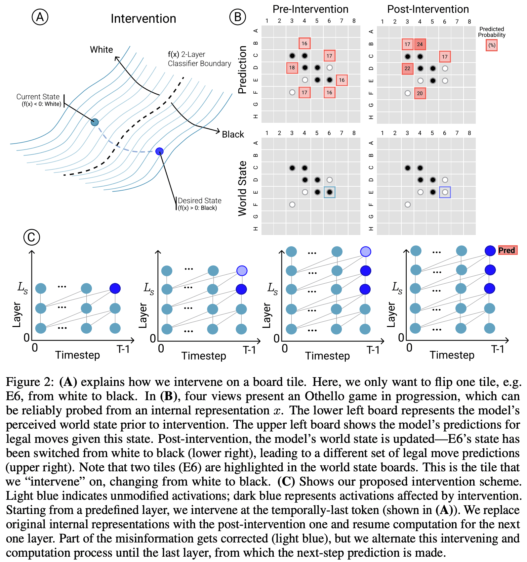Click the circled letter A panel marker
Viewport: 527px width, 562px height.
point(40,17)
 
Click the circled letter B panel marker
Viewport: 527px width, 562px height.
point(238,17)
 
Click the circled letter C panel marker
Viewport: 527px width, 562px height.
point(32,237)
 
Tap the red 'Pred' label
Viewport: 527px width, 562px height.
point(507,250)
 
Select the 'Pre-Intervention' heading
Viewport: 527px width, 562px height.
point(310,9)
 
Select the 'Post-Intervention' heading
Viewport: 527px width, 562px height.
point(428,9)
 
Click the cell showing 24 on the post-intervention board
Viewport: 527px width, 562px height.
point(420,44)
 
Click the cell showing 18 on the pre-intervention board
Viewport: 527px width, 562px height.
point(292,68)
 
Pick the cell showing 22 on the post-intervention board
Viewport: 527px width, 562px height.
point(407,69)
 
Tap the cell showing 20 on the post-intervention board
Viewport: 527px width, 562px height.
point(420,93)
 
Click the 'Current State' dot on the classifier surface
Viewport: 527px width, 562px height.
point(95,122)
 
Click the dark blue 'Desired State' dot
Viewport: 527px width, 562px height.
point(159,151)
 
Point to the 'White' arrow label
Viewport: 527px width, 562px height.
point(101,50)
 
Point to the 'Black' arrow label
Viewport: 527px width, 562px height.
point(233,134)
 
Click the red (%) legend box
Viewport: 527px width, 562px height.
point(492,45)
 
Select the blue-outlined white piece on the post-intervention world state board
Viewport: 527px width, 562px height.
point(445,192)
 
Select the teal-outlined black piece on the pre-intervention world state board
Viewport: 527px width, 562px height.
point(329,192)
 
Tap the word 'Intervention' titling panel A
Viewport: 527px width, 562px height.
point(143,19)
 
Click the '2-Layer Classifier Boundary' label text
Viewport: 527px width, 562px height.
point(199,59)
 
